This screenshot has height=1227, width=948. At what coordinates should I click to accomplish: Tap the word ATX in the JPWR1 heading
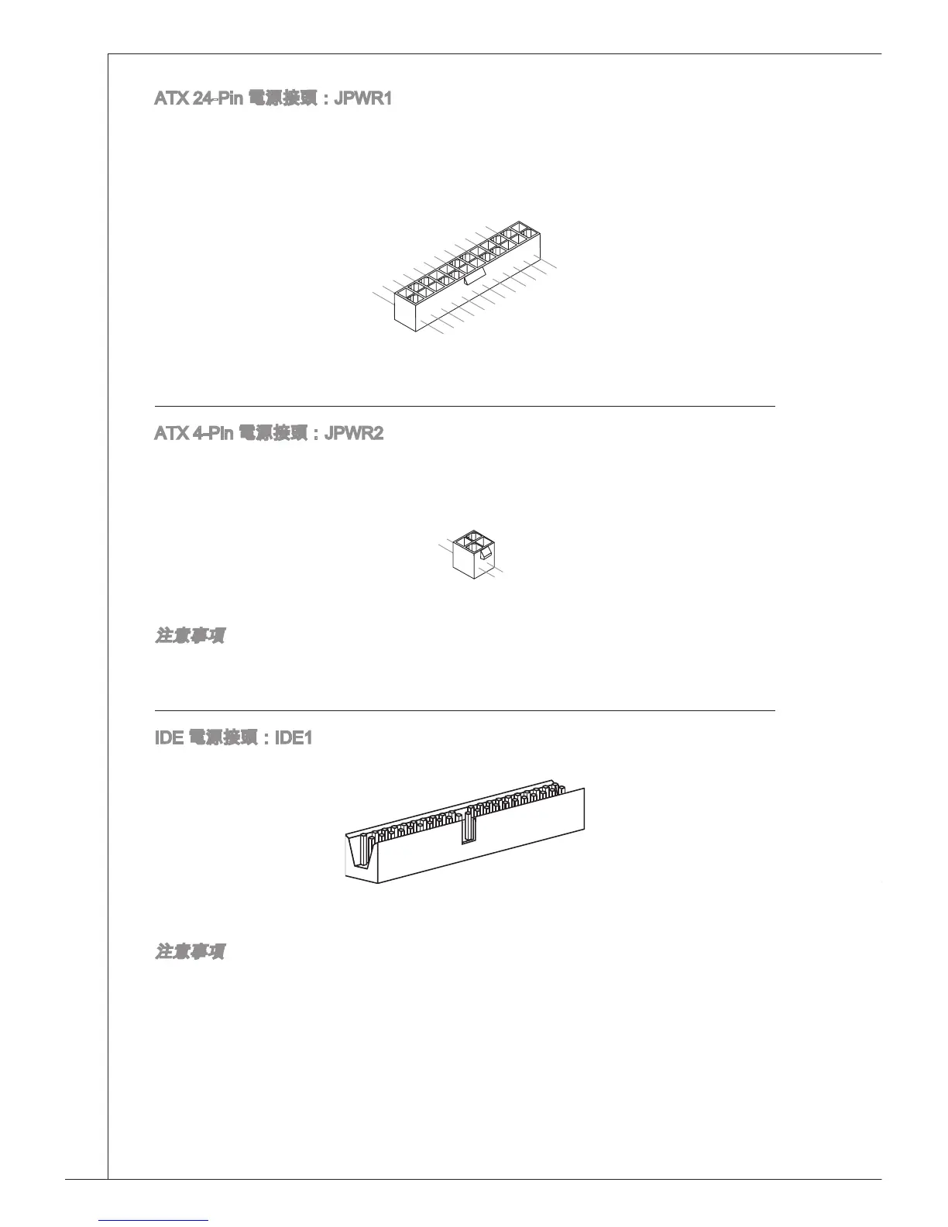coord(170,99)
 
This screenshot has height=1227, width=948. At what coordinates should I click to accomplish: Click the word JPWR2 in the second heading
coord(353,432)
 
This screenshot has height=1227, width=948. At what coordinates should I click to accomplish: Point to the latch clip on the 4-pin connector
coord(486,553)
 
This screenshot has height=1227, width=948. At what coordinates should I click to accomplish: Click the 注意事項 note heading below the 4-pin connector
coord(191,637)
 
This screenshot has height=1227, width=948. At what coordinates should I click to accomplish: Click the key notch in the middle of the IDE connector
coord(467,828)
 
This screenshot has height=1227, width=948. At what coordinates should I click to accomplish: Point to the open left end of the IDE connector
coord(359,856)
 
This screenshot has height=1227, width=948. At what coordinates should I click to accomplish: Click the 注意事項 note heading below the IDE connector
coord(191,951)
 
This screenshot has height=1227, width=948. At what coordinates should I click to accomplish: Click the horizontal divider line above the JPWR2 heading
coord(465,406)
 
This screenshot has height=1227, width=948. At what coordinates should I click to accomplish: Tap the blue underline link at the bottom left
coord(154,1220)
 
